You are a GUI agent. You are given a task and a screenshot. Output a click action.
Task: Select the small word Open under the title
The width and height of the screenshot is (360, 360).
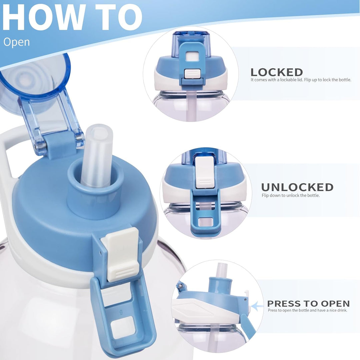click(17, 42)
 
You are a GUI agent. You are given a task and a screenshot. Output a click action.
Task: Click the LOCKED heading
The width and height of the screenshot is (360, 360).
click(277, 72)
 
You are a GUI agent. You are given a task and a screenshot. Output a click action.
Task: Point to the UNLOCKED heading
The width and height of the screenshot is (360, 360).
click(297, 187)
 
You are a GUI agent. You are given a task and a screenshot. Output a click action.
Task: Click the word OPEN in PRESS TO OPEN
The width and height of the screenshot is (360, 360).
click(335, 304)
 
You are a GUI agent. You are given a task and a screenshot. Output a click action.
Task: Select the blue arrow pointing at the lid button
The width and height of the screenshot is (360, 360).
click(257, 306)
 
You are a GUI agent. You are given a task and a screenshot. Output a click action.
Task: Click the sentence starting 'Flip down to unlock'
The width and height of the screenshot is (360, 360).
click(291, 196)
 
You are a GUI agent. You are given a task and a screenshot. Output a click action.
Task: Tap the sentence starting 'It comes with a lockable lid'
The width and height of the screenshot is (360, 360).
click(301, 80)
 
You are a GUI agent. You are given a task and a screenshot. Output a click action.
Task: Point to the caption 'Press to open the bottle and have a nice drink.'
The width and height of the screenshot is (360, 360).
click(308, 310)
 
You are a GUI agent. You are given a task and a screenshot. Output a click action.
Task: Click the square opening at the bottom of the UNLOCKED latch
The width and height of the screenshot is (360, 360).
click(205, 222)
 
